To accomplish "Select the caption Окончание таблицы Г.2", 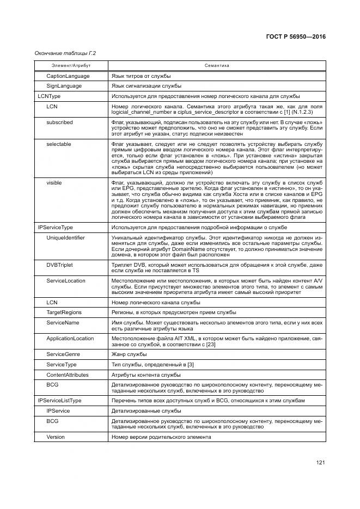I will coord(61,53).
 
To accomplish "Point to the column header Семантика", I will coord(217,65).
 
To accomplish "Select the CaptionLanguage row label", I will coord(68,76).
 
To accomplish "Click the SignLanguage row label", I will coord(64,86).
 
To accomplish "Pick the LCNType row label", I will coord(49,96).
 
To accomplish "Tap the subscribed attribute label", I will coord(59,122).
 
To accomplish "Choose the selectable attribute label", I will coord(59,144).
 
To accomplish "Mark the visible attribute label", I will coord(54,183).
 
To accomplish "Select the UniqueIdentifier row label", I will coord(65,238).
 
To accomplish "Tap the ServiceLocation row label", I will coord(65,280).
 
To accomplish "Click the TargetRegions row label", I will coord(64,312).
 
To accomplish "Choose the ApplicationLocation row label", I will coord(70,338).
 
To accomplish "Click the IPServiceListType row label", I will coord(59,400).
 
